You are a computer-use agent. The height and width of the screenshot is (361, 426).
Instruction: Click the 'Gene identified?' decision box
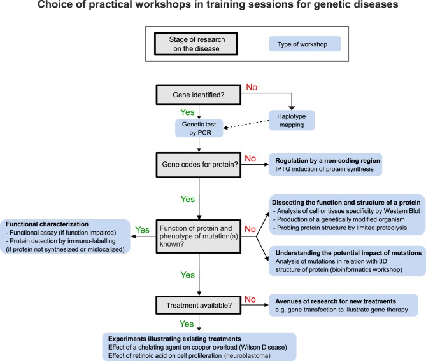pos(201,94)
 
